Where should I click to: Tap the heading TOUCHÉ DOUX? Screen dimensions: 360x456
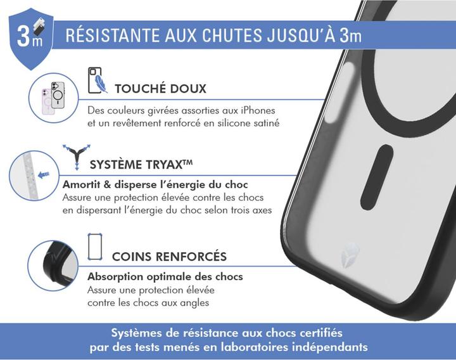160,88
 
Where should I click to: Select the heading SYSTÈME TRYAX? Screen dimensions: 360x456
141,165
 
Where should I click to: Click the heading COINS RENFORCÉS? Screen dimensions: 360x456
169,257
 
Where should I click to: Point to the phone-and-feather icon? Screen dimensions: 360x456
97,81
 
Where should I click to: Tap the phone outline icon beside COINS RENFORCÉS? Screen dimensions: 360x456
95,247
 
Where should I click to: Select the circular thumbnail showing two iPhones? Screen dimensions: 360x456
54,98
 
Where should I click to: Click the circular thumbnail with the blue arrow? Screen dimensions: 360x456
35,175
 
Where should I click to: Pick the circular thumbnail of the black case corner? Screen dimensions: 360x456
53,266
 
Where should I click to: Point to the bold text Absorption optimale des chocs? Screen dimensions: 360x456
165,277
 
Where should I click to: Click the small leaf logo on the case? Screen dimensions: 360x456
350,255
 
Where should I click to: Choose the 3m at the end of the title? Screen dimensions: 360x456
350,35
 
